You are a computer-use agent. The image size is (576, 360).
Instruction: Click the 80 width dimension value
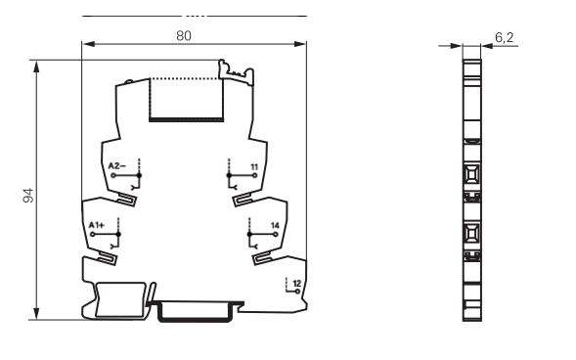coord(184,35)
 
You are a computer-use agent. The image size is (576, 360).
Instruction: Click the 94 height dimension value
coord(28,195)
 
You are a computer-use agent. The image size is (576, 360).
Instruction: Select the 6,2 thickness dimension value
coord(505,37)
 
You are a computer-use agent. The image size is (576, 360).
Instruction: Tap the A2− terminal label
coord(116,165)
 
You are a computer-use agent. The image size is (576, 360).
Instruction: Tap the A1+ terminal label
coord(97,225)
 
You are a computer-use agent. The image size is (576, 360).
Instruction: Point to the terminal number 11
coord(254,167)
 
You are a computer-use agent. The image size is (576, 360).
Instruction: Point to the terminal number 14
coord(275,226)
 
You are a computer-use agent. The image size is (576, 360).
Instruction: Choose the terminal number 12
coord(297,284)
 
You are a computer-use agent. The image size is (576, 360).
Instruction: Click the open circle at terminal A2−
coord(113,175)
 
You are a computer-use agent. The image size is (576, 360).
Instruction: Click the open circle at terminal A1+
coord(93,235)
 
